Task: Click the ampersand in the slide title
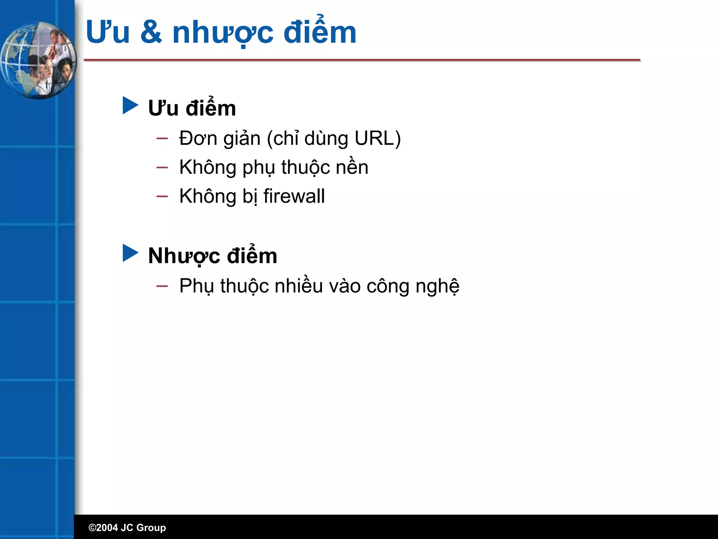151,32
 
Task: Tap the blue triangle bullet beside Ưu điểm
130,106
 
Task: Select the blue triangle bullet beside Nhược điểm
130,253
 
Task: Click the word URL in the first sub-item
375,138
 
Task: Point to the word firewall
294,196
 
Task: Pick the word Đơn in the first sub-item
198,138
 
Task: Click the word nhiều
299,286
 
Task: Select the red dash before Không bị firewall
162,197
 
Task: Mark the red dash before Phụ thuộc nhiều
162,286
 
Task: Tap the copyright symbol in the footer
92,528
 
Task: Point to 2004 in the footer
107,528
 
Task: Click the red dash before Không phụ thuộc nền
162,168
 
